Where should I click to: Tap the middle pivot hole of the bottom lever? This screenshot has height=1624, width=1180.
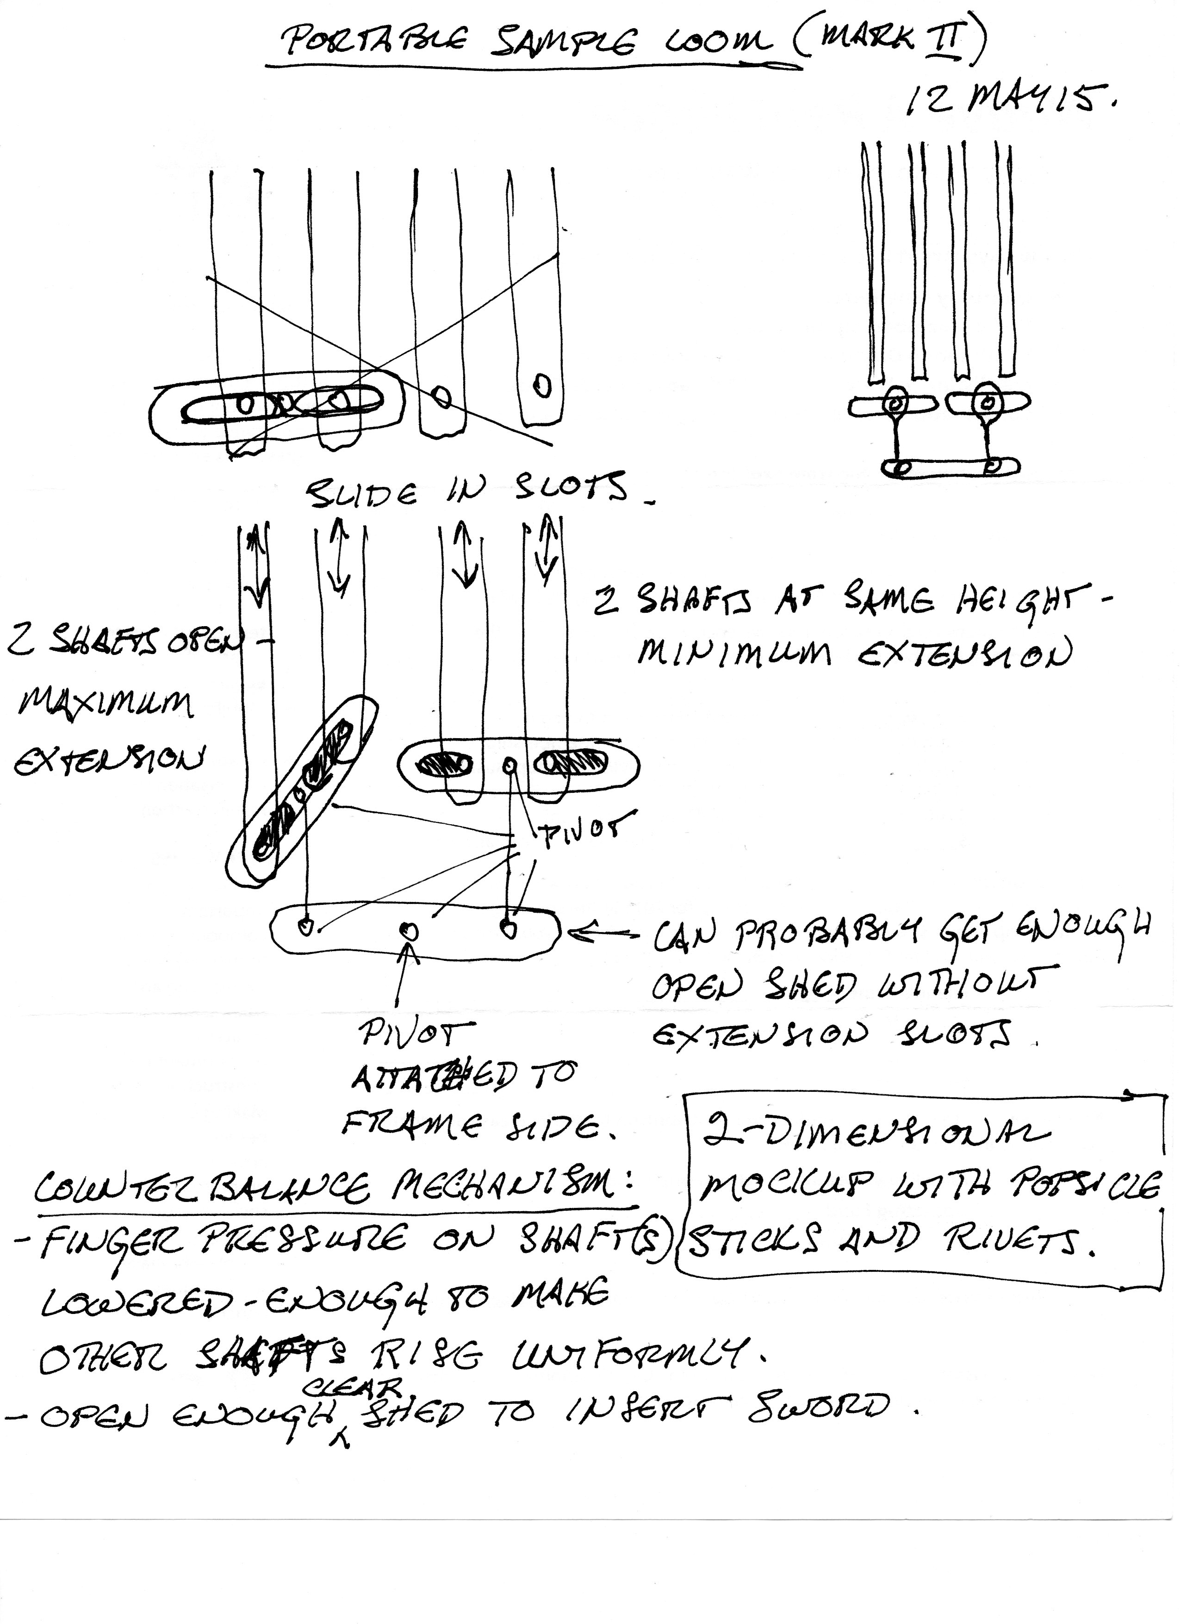coord(409,930)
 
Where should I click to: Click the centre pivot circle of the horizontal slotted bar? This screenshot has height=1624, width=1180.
coord(509,766)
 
